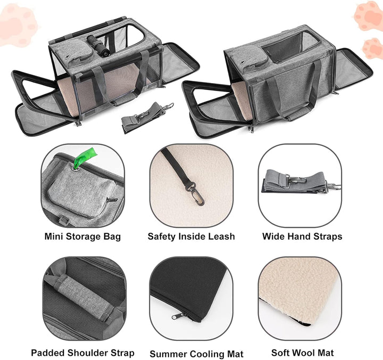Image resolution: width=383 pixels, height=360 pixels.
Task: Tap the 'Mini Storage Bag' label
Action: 82,236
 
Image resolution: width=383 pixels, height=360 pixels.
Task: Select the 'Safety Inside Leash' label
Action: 191,236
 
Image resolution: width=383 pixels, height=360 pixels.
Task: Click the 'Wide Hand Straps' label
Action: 302,236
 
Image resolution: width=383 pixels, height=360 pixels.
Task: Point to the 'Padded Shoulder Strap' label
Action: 82,353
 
